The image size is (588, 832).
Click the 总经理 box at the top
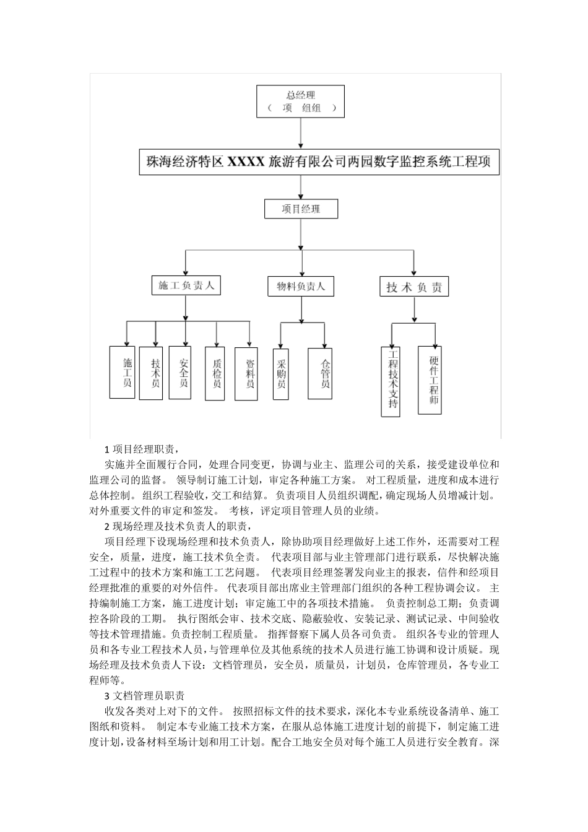[x=301, y=101]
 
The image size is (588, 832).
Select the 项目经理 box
[x=301, y=209]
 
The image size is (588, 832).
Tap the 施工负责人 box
[x=186, y=285]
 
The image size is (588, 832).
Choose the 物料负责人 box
[x=300, y=287]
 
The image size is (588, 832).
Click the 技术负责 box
[x=414, y=287]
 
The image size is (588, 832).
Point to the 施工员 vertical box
[x=122, y=372]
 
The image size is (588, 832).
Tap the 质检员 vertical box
[x=215, y=374]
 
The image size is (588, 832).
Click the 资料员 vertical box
[x=246, y=374]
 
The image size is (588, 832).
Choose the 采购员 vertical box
[x=282, y=374]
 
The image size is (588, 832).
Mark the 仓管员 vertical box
[x=324, y=374]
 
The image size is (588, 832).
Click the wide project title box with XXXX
[x=318, y=162]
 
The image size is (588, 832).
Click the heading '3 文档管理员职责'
[x=149, y=696]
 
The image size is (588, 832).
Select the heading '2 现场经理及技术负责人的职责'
[x=178, y=526]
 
